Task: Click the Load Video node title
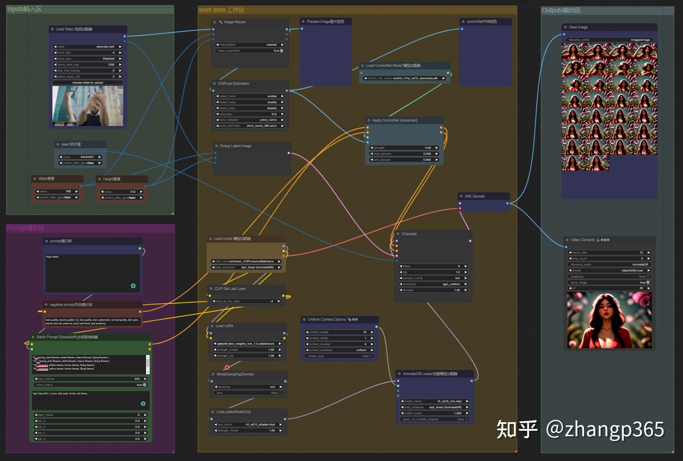tap(74, 29)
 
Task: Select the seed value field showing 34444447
tap(80, 157)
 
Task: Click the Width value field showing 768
tap(57, 192)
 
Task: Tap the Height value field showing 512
tap(122, 192)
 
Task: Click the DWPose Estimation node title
tap(234, 84)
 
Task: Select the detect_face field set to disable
tap(250, 108)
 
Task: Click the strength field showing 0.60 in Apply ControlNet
tap(404, 148)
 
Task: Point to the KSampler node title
tap(409, 234)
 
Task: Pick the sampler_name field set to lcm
tap(433, 278)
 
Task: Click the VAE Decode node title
tap(475, 196)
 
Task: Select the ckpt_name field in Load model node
tap(246, 261)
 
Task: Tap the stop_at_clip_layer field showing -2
tap(246, 301)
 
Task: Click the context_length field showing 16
tap(339, 332)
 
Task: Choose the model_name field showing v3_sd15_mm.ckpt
tap(434, 401)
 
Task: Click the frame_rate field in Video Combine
tap(609, 253)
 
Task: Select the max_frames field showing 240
tap(90, 379)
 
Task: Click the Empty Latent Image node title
tap(236, 146)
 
